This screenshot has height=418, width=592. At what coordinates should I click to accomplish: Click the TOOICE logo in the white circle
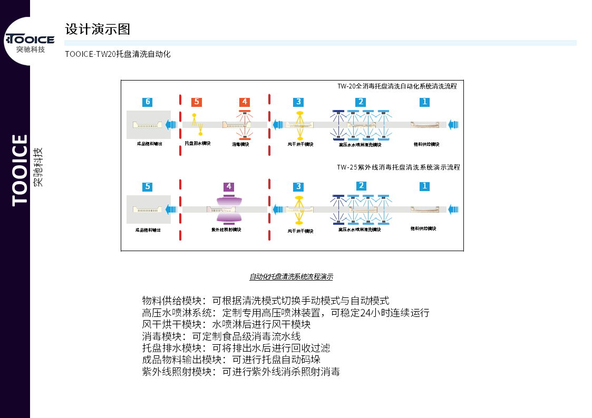click(x=30, y=41)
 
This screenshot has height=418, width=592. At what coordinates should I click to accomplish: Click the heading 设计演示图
click(x=98, y=29)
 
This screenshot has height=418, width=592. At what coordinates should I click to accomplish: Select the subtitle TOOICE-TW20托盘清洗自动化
click(x=118, y=54)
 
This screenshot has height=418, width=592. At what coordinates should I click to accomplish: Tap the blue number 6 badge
click(x=148, y=102)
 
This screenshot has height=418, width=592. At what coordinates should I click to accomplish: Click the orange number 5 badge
click(x=197, y=102)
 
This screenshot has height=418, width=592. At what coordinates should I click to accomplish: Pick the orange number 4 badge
click(x=244, y=102)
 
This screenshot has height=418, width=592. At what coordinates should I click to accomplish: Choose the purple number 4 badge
click(x=229, y=186)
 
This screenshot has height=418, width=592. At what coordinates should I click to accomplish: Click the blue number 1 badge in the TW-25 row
click(x=424, y=186)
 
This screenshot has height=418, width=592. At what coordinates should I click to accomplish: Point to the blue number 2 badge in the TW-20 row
click(x=361, y=102)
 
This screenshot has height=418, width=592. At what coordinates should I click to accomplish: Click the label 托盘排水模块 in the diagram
click(x=198, y=143)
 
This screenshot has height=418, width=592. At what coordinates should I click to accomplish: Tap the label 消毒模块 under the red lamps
click(x=240, y=144)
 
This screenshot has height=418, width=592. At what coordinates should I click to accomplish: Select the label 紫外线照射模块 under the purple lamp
click(x=226, y=230)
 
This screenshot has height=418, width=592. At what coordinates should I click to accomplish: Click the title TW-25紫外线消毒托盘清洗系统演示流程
click(x=398, y=167)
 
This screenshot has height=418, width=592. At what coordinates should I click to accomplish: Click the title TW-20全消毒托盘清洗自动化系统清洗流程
click(x=397, y=86)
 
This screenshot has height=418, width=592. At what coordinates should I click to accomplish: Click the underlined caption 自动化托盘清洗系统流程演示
click(x=291, y=277)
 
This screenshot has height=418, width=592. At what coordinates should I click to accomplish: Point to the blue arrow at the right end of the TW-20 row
click(x=453, y=125)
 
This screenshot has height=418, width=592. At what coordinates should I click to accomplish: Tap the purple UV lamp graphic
click(x=229, y=209)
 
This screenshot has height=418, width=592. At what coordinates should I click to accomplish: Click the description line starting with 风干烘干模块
click(x=226, y=324)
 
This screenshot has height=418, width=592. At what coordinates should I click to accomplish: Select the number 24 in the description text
click(x=366, y=313)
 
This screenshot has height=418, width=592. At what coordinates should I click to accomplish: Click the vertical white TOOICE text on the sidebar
click(x=20, y=170)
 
